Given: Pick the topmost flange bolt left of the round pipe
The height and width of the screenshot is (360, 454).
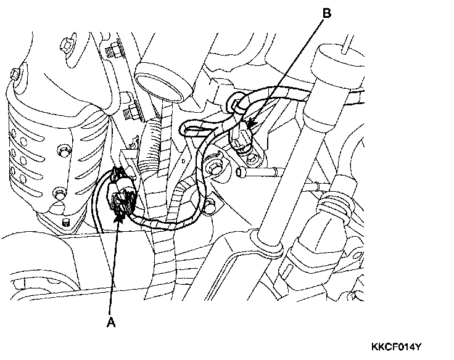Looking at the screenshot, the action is pos(113,49).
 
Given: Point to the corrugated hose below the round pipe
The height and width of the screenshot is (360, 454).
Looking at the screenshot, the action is pos(151,145).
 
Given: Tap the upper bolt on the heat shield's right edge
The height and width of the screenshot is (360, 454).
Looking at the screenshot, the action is pos(62,150).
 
